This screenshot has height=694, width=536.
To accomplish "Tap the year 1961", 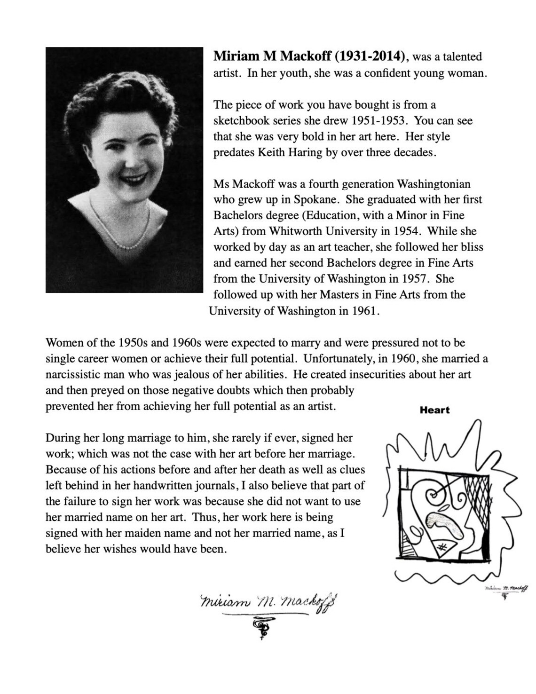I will pos(365,311).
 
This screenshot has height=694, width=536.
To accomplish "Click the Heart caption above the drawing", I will pos(434,410).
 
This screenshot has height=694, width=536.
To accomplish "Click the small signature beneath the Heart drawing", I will pos(506,588).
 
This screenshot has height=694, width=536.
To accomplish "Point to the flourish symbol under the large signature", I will pos(260,627).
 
